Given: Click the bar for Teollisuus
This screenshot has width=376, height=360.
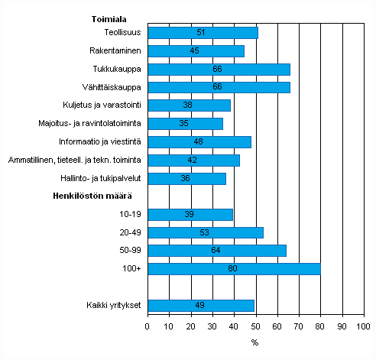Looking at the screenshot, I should click(203, 33).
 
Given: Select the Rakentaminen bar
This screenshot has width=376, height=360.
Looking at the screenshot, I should click(196, 51).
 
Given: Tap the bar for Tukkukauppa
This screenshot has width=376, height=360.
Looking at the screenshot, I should click(219, 70).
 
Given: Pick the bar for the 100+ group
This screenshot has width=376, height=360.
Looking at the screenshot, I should click(234, 269).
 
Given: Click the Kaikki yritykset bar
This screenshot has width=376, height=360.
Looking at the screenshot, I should click(200, 306).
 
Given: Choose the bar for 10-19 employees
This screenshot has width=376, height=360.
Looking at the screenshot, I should click(190, 215).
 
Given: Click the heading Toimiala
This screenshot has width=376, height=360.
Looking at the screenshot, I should click(109, 15).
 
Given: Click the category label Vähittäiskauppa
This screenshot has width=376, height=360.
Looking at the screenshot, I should click(111, 87).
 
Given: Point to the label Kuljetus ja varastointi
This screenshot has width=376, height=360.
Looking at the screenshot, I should click(99, 105).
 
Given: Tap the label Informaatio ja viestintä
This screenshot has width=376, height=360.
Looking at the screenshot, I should click(99, 142).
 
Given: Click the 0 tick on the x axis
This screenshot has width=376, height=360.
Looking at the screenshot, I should click(147, 327).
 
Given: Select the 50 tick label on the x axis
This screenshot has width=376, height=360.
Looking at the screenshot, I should click(255, 327).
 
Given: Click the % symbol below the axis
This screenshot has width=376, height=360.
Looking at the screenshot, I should click(254, 342).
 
